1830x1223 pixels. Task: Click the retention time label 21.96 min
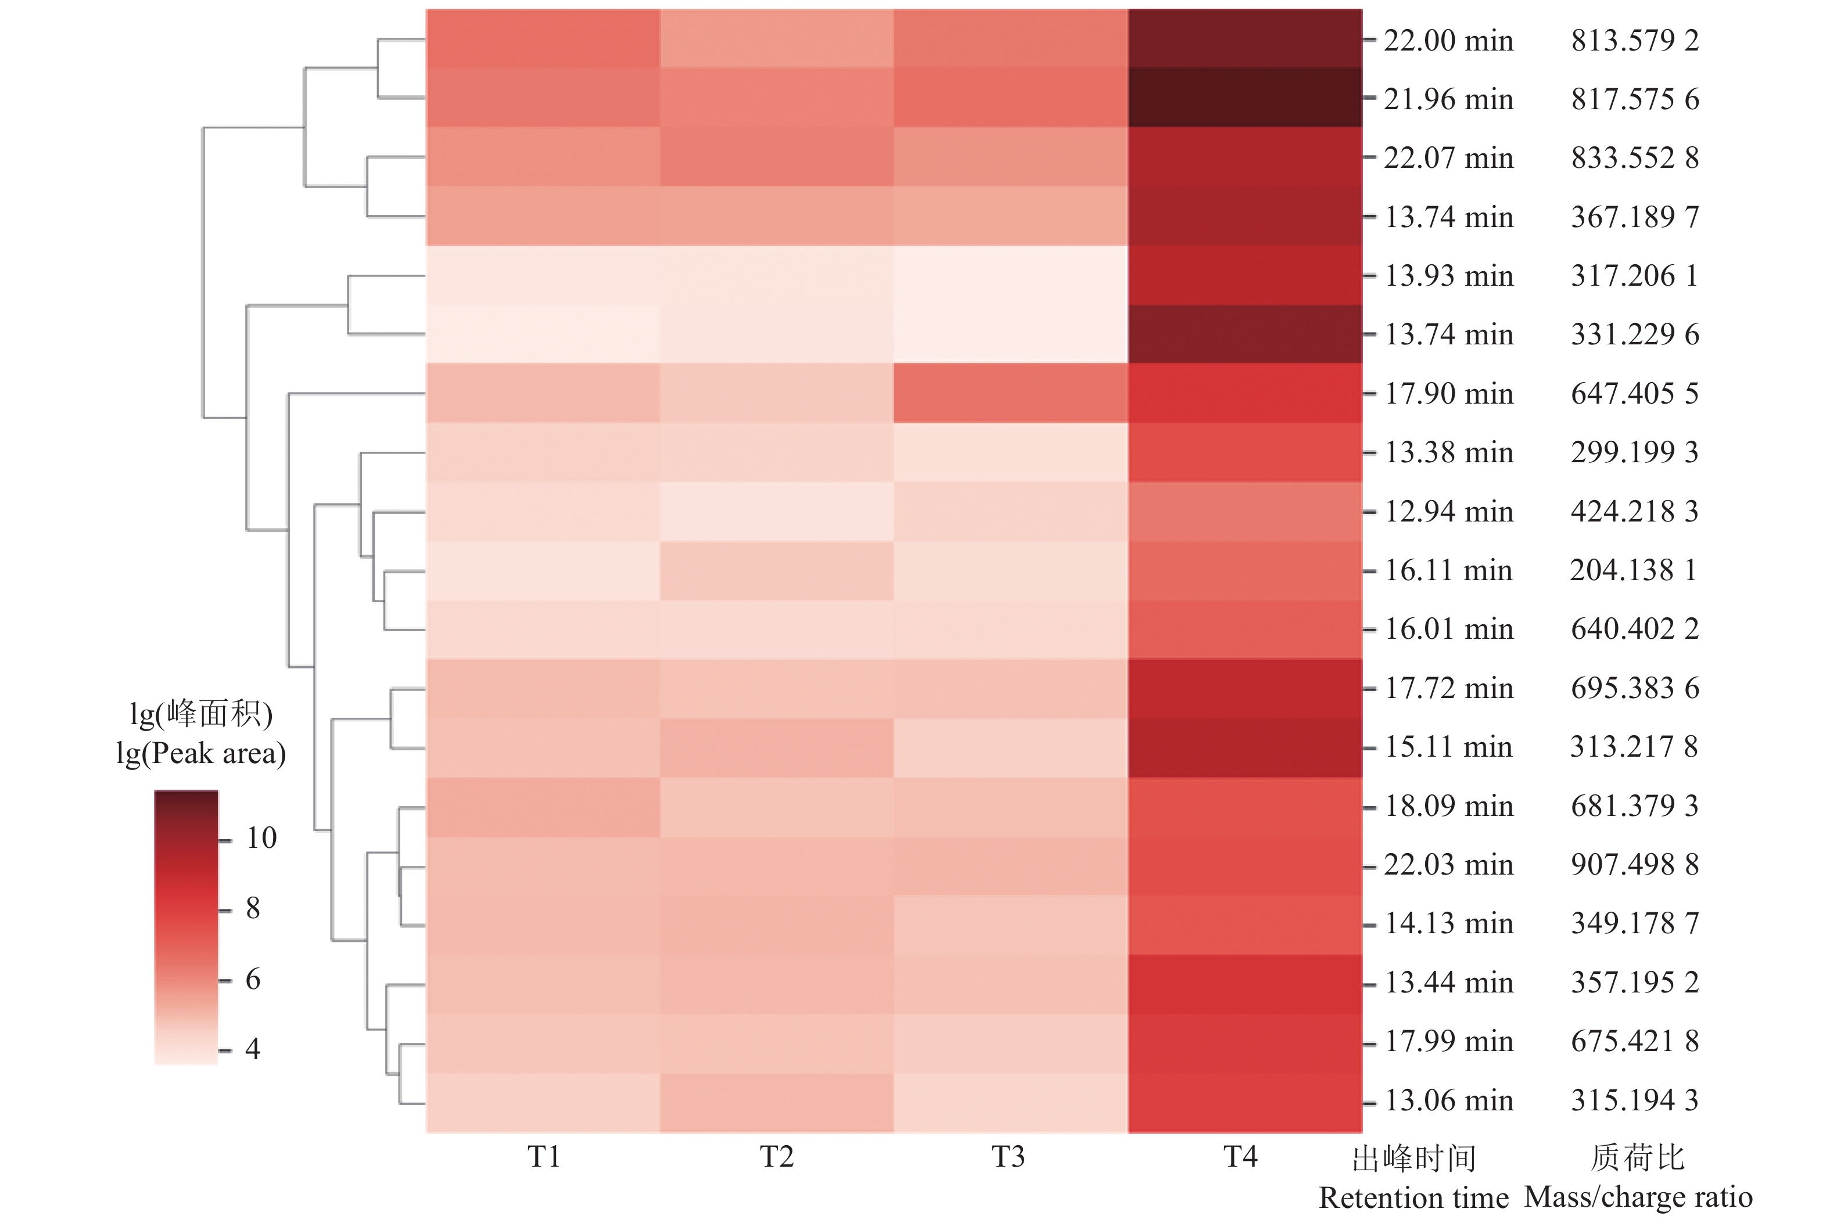tap(1448, 99)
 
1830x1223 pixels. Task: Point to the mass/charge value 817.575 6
tap(1635, 99)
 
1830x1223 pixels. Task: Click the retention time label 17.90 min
tap(1448, 393)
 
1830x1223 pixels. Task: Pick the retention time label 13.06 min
tap(1448, 1100)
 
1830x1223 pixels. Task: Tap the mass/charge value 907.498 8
tap(1635, 864)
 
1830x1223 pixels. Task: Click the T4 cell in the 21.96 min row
tap(1245, 98)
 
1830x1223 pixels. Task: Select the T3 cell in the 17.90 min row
tap(1011, 393)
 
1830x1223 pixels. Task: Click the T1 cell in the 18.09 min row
tap(543, 807)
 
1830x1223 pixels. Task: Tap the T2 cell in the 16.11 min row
tap(777, 571)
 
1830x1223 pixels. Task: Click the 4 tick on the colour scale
tap(252, 1049)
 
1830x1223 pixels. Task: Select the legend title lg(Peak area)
tap(201, 753)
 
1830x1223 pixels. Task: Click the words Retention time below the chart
tap(1413, 1198)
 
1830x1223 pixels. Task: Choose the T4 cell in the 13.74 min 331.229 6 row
tap(1245, 334)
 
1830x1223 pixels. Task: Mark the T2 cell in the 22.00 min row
tap(777, 38)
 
